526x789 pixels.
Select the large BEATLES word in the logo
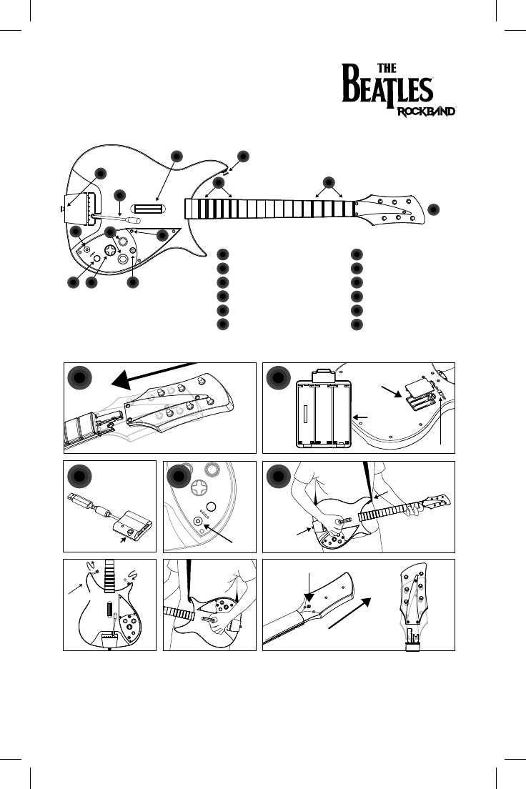tap(389, 89)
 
